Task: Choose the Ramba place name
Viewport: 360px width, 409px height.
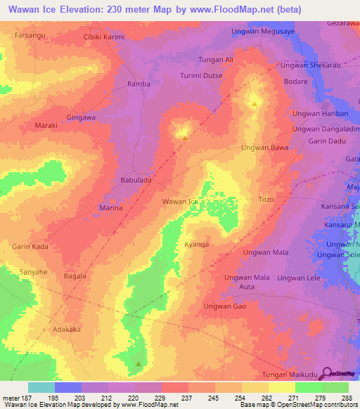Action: [138, 84]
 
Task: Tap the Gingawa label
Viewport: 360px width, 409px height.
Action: [81, 117]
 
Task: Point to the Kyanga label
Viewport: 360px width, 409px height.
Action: [197, 244]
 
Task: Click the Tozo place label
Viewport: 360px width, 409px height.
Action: [266, 200]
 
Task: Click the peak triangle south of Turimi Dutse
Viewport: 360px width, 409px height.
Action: [254, 104]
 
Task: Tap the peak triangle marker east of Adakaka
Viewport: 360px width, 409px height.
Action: [139, 364]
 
